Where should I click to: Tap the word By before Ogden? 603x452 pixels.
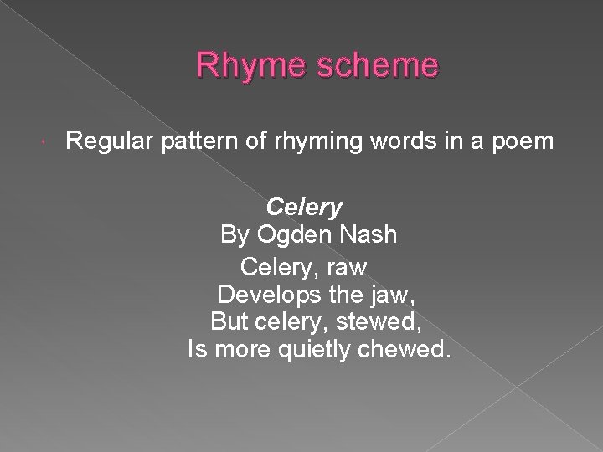point(234,235)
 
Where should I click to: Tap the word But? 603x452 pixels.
point(228,321)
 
